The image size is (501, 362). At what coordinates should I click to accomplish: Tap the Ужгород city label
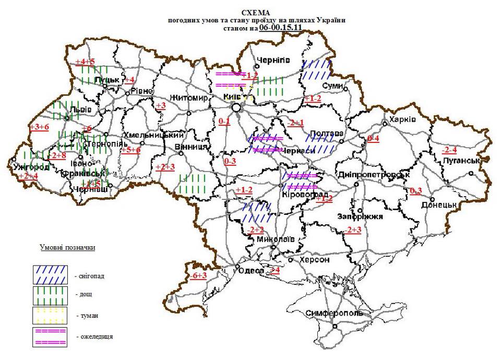coord(31,167)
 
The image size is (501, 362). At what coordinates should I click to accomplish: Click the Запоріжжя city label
coord(361,216)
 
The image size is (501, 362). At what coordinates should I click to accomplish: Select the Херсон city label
coord(314,260)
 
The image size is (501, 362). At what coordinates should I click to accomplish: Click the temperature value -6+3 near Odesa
coord(199,276)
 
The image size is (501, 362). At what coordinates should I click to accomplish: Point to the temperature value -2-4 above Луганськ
coord(449,150)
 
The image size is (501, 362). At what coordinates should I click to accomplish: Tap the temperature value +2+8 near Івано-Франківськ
coord(57,155)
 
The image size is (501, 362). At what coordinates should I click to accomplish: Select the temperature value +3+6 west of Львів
coord(39,127)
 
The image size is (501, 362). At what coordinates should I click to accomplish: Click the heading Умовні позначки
coord(67,247)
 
